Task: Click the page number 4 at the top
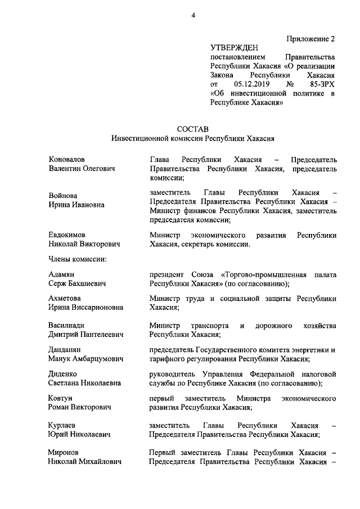192,15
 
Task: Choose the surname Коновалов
70,159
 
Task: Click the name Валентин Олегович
82,169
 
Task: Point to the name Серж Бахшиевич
78,283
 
